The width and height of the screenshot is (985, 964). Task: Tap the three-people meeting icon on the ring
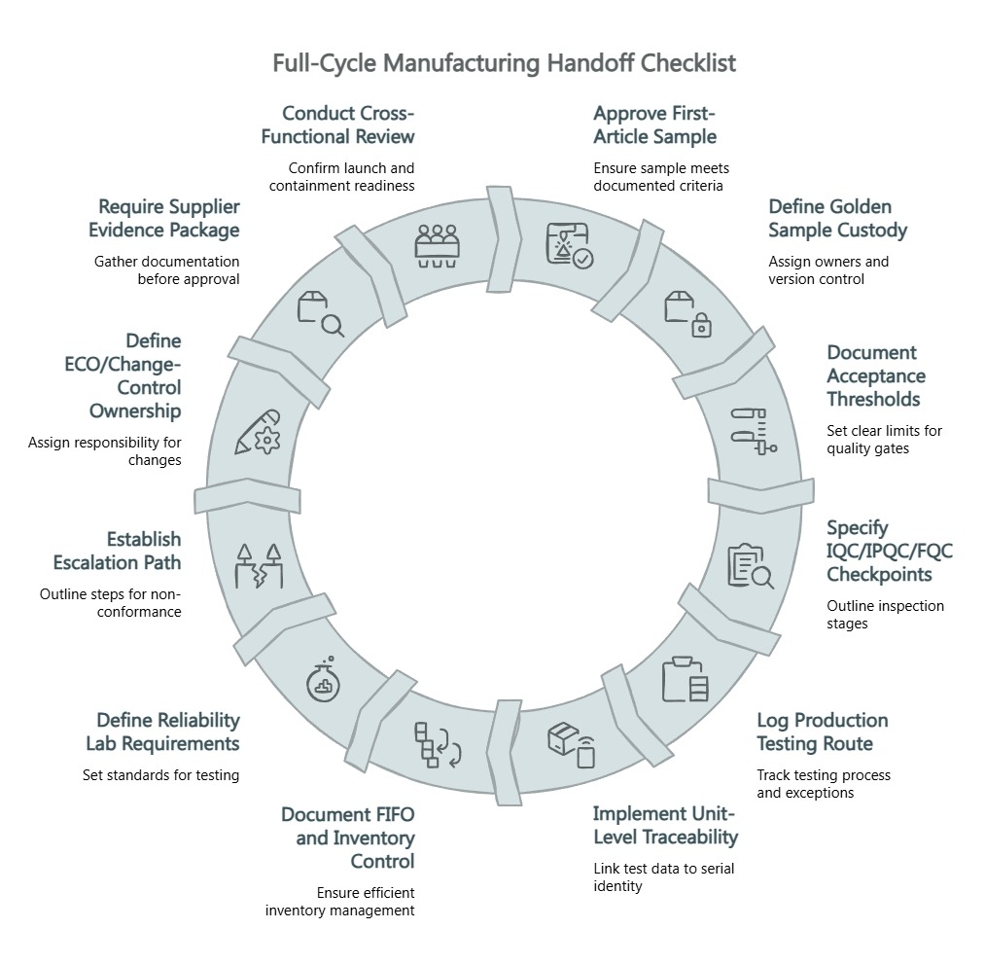tap(437, 245)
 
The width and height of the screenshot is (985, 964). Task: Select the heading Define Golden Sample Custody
tap(837, 219)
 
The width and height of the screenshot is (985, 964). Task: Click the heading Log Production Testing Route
tap(822, 732)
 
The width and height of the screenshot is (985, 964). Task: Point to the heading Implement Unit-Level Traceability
tap(665, 825)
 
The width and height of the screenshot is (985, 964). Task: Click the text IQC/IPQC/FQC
tap(890, 552)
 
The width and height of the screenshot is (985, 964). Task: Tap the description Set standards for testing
tap(160, 775)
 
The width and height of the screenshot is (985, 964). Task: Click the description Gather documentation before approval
tap(166, 269)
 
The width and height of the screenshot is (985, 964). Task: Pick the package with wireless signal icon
tap(571, 745)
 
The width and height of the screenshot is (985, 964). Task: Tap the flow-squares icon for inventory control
tap(437, 744)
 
